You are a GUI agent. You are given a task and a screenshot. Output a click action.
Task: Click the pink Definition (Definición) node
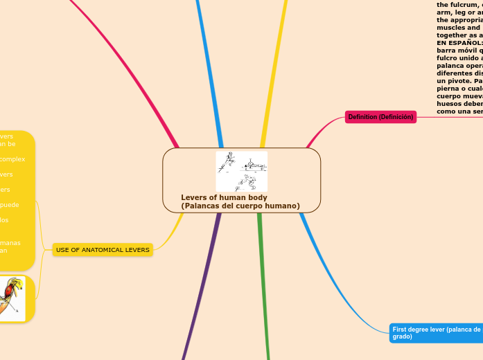click(380, 117)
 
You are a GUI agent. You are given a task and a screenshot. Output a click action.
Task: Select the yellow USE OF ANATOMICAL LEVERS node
click(103, 249)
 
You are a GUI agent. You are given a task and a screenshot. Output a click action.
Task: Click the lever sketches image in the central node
click(241, 171)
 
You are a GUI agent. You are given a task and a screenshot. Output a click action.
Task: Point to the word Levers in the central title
click(195, 198)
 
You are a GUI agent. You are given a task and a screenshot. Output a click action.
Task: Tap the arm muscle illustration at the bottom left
click(11, 298)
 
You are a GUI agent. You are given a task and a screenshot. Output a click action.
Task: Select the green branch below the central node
click(265, 291)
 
